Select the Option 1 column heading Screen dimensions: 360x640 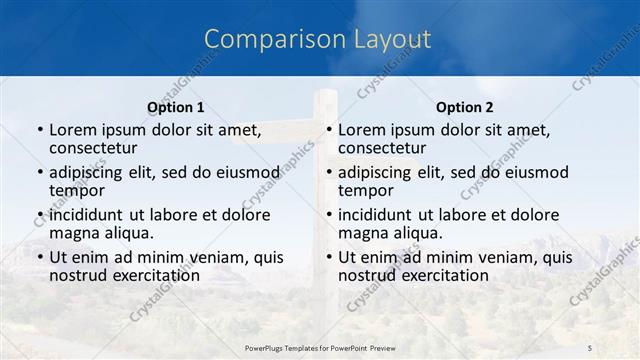pos(175,107)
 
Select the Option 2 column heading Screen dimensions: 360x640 pos(465,107)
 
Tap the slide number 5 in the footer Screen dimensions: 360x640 pos(590,347)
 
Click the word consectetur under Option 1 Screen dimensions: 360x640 pos(97,148)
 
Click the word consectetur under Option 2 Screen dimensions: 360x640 pos(386,148)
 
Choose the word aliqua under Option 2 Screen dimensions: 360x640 pos(417,234)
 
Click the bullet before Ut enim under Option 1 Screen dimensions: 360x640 pos(39,257)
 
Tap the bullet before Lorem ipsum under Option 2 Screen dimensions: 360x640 pos(328,129)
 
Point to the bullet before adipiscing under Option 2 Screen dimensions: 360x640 pos(328,172)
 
